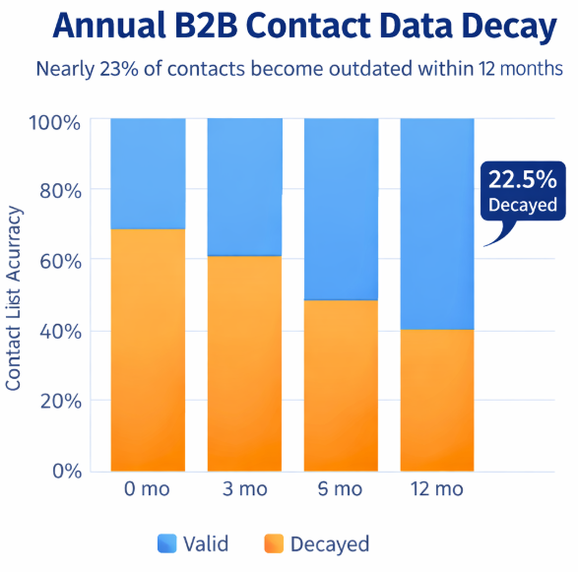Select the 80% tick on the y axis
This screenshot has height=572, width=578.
click(x=59, y=190)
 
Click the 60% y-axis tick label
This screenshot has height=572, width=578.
click(x=59, y=261)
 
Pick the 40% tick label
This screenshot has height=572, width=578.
click(x=59, y=331)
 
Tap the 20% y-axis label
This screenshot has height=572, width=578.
click(x=59, y=401)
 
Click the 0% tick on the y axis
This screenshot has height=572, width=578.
click(x=64, y=470)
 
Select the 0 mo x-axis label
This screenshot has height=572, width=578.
click(x=148, y=490)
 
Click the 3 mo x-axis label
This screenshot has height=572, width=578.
click(x=244, y=490)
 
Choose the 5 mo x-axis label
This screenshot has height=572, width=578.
click(x=341, y=490)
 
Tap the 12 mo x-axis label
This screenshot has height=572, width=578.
click(x=437, y=490)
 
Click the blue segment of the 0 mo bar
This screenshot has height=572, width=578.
click(x=148, y=173)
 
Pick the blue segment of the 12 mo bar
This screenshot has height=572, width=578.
click(x=437, y=223)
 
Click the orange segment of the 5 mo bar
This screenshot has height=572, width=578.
click(x=341, y=384)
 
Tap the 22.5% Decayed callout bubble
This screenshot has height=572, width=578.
click(x=523, y=191)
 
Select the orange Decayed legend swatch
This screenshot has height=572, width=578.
click(x=274, y=543)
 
